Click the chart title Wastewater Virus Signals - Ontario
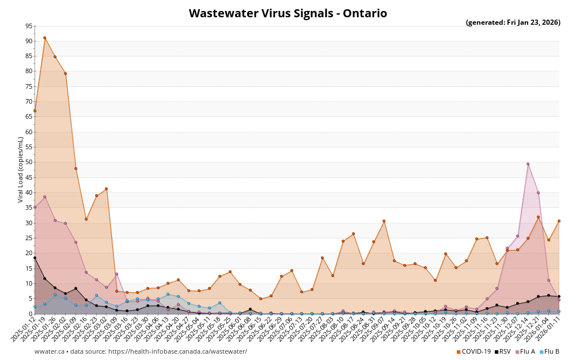[x=288, y=13]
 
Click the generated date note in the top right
[x=513, y=22]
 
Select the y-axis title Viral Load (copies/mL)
[x=21, y=169]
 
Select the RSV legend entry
[x=502, y=351]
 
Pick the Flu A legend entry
[x=526, y=351]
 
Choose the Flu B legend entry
[x=550, y=351]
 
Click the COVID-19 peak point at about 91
[x=44, y=38]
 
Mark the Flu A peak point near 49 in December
[x=528, y=164]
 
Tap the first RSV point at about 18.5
[x=35, y=257]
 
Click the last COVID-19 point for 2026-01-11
[x=559, y=221]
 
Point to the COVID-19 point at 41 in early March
[x=106, y=189]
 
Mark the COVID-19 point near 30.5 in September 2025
[x=384, y=221]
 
